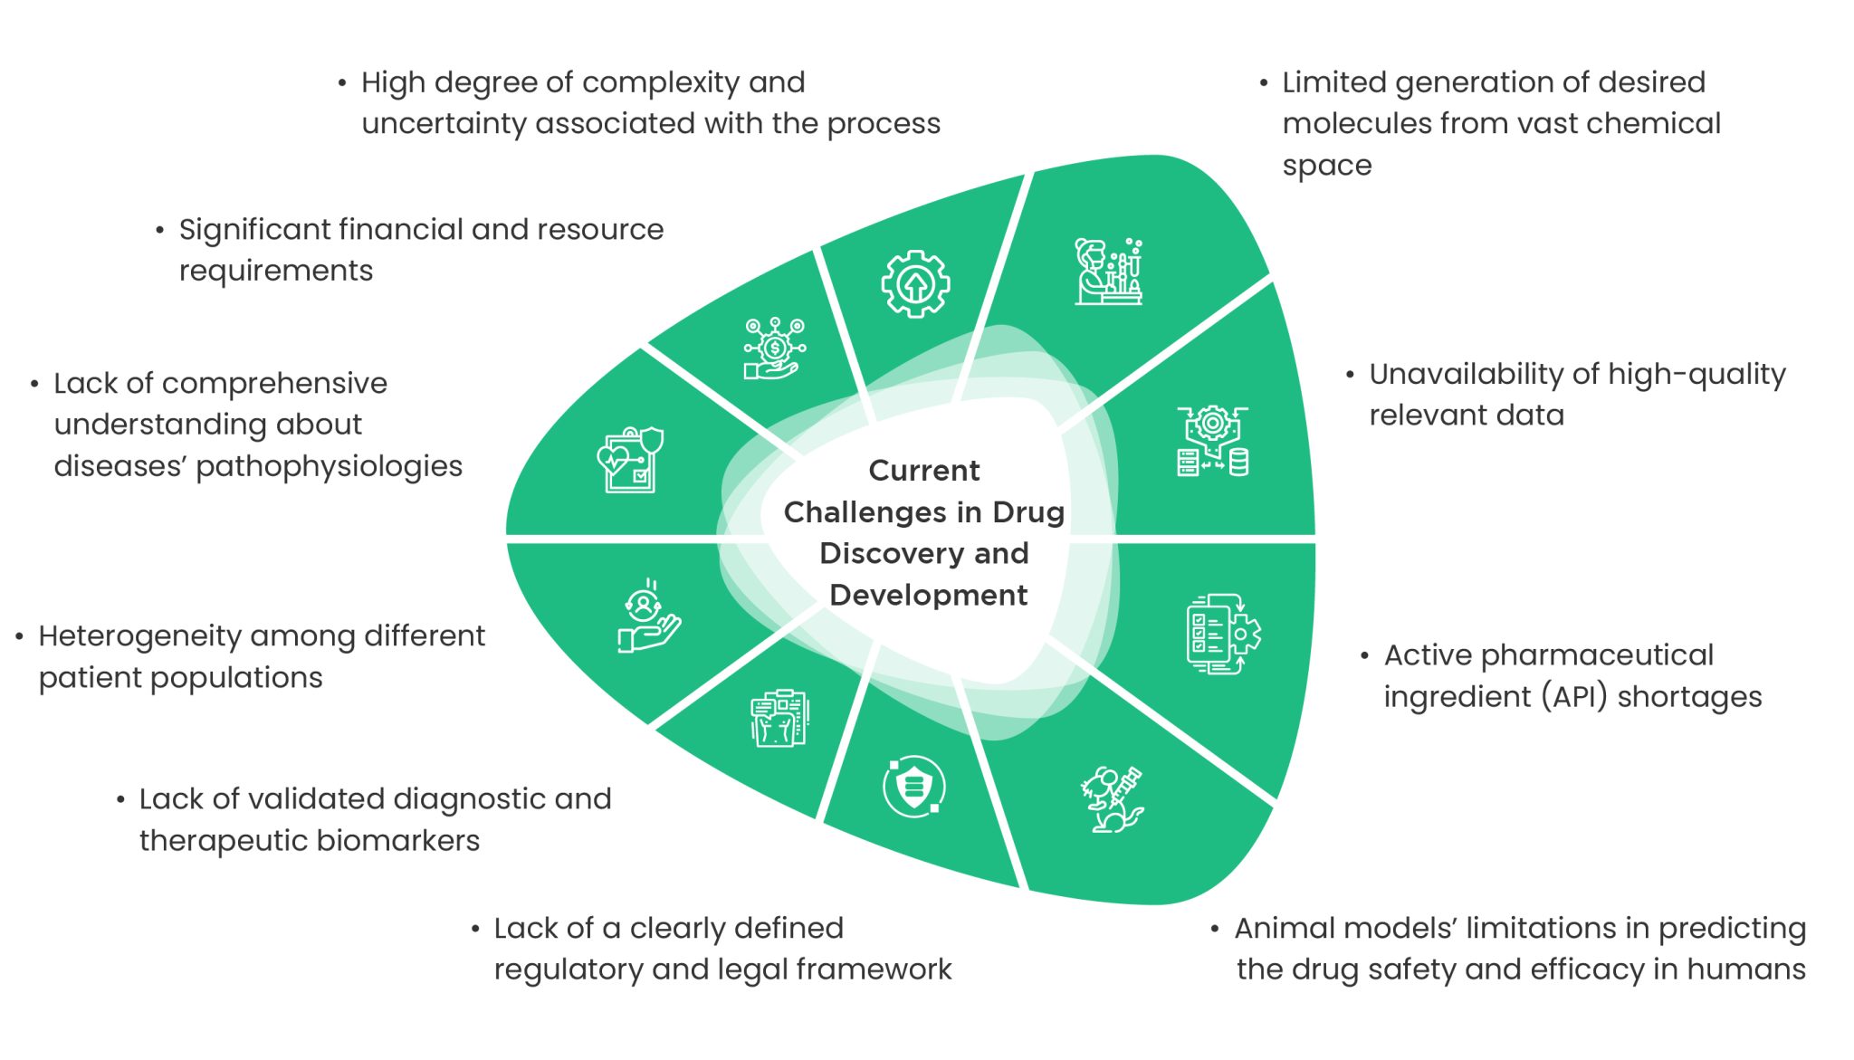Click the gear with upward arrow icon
[915, 284]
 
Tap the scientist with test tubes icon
[1108, 272]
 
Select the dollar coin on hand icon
[774, 349]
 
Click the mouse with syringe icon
[1112, 799]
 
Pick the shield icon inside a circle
[914, 786]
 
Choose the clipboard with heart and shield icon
[630, 460]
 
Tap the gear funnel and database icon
[1213, 442]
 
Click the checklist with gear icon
[1223, 634]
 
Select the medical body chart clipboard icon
[779, 719]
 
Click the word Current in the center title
[923, 471]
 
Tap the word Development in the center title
[928, 595]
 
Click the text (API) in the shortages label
[1574, 696]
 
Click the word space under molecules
[1326, 166]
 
